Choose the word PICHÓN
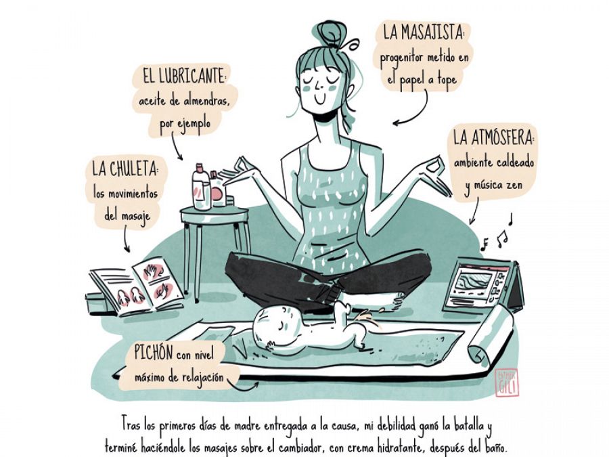tap(157, 353)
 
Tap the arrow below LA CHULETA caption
tap(126, 240)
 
